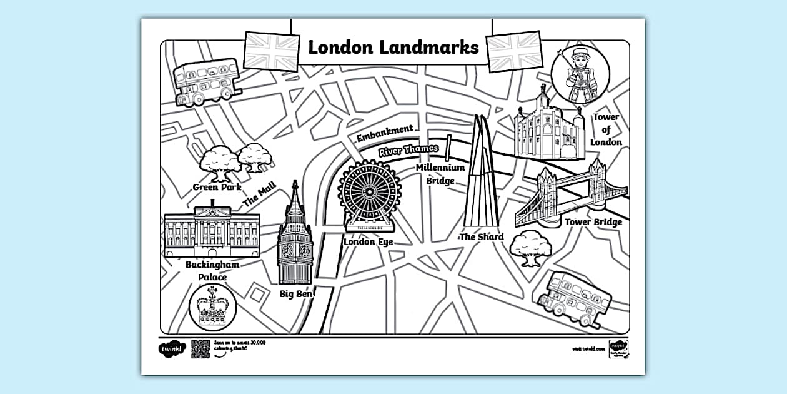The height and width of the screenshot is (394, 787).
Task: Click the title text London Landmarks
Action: pos(393,48)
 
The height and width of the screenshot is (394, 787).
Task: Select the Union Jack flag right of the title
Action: pos(515,51)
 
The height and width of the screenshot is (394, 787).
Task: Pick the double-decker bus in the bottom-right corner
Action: pos(570,298)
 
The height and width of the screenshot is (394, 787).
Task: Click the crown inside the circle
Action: pos(212,306)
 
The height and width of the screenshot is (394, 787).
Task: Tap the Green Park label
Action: pos(217,187)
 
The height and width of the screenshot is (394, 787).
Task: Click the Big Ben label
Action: pos(295,293)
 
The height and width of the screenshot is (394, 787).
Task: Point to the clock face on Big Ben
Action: pos(295,250)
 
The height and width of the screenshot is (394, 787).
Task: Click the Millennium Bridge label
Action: pos(440,174)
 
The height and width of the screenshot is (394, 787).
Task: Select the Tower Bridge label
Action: pos(593,222)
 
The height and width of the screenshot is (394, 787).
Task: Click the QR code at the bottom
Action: pos(200,348)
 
